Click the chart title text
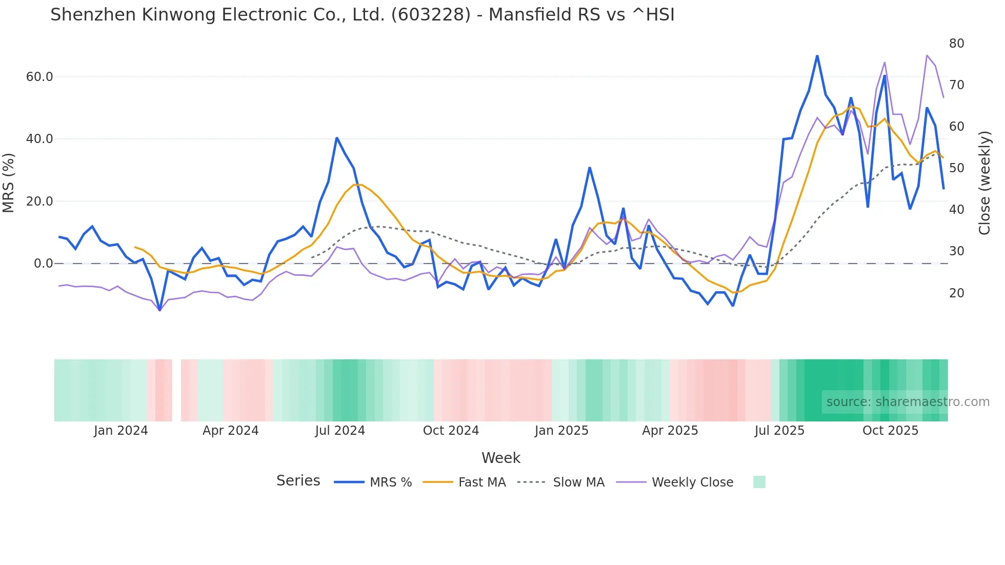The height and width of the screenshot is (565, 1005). pyautogui.click(x=362, y=15)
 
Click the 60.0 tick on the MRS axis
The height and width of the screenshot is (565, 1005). pyautogui.click(x=39, y=77)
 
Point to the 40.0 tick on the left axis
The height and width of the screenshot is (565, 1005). pyautogui.click(x=39, y=139)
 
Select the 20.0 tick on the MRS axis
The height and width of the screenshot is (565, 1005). pyautogui.click(x=39, y=201)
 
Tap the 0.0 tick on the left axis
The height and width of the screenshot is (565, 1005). pyautogui.click(x=43, y=264)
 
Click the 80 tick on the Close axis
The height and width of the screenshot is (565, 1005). pyautogui.click(x=956, y=44)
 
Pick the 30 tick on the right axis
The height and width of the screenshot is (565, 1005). pyautogui.click(x=956, y=251)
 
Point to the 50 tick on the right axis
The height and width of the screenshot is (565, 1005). pyautogui.click(x=956, y=168)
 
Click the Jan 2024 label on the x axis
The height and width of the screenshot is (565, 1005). pyautogui.click(x=120, y=431)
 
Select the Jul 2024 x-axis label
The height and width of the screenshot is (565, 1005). pyautogui.click(x=340, y=431)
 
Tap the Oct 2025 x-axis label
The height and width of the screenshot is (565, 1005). pyautogui.click(x=890, y=431)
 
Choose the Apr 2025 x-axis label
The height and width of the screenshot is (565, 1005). pyautogui.click(x=670, y=431)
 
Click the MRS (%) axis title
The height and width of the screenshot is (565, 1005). pyautogui.click(x=9, y=183)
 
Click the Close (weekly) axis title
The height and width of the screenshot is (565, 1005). pyautogui.click(x=984, y=183)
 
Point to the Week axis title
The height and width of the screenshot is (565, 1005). pyautogui.click(x=500, y=458)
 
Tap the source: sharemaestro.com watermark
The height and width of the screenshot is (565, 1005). pyautogui.click(x=908, y=402)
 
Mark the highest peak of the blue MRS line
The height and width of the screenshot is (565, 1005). pyautogui.click(x=817, y=55)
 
